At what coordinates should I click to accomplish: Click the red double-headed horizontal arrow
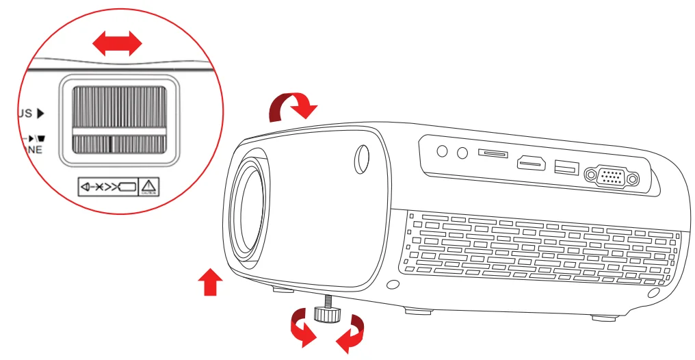click(117, 45)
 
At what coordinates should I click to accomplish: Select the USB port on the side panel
click(566, 166)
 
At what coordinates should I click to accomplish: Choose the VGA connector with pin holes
click(612, 178)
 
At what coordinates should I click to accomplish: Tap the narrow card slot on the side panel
click(493, 155)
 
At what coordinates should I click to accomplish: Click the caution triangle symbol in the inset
click(148, 186)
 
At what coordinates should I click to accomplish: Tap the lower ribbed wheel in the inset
click(118, 144)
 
